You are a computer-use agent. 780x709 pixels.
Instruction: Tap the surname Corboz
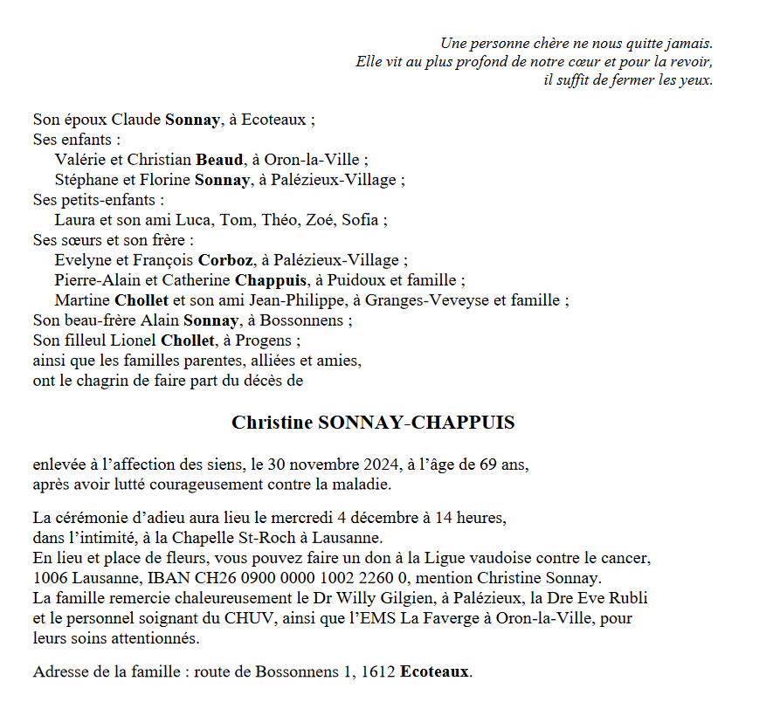pos(225,260)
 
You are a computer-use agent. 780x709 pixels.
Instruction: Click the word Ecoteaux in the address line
pos(435,672)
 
